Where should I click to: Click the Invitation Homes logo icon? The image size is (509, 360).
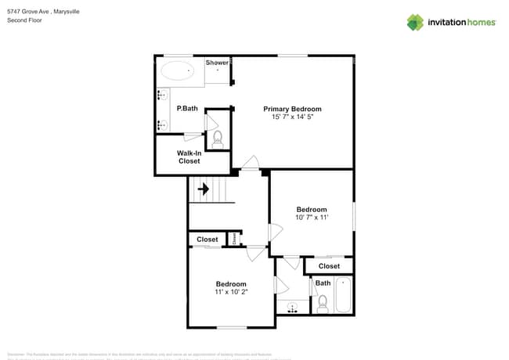tap(415, 22)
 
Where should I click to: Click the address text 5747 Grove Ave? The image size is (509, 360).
tap(27, 13)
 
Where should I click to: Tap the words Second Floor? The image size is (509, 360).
tap(23, 21)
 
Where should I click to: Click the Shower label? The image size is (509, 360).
tap(217, 63)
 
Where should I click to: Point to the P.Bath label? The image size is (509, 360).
tap(187, 109)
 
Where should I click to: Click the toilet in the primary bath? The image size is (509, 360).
tap(218, 139)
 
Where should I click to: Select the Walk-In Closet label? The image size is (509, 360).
tap(189, 157)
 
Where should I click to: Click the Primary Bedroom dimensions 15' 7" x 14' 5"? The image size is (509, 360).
tap(292, 117)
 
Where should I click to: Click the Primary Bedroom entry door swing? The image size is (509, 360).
tap(250, 163)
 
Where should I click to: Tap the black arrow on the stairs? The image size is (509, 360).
tap(204, 189)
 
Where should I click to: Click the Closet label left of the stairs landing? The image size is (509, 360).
tap(207, 239)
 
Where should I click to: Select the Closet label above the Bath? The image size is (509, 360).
tap(329, 266)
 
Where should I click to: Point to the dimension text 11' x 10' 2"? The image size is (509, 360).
tap(231, 292)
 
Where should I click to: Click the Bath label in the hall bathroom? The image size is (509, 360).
tap(323, 283)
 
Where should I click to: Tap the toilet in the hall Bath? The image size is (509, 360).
tap(322, 302)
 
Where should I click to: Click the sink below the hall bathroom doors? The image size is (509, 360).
tap(293, 306)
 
